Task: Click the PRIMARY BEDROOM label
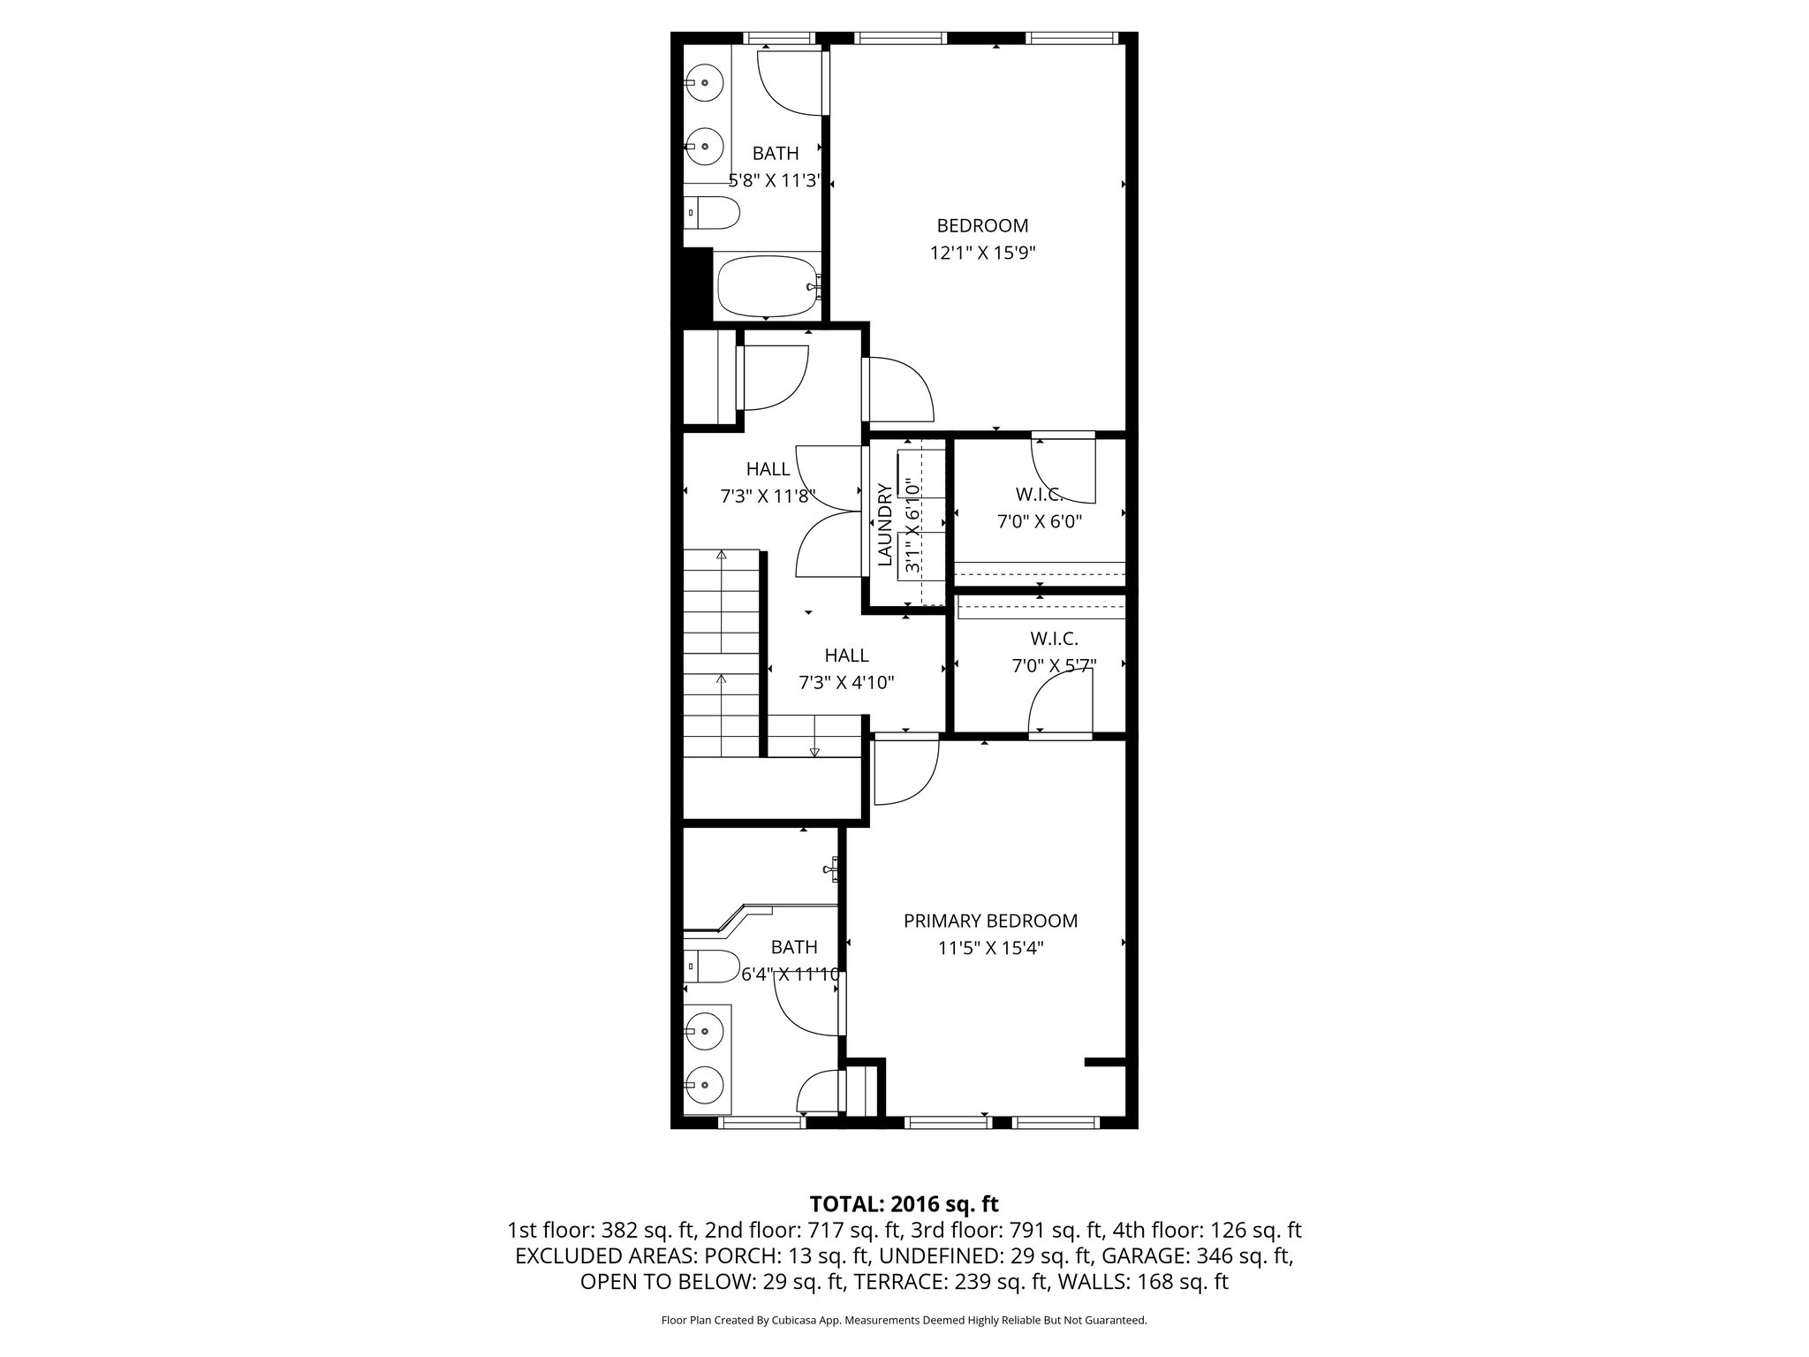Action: tap(990, 921)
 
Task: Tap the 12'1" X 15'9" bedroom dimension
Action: tap(982, 253)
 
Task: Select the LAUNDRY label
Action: tap(885, 524)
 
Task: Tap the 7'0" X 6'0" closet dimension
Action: tap(1040, 521)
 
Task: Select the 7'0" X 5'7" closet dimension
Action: tap(1054, 665)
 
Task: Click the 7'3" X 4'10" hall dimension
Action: tap(846, 682)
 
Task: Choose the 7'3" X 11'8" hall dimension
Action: tap(768, 496)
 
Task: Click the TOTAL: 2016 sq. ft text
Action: tap(904, 1203)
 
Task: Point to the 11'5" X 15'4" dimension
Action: tap(990, 948)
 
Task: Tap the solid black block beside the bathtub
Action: tap(698, 284)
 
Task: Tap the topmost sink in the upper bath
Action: tap(705, 83)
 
